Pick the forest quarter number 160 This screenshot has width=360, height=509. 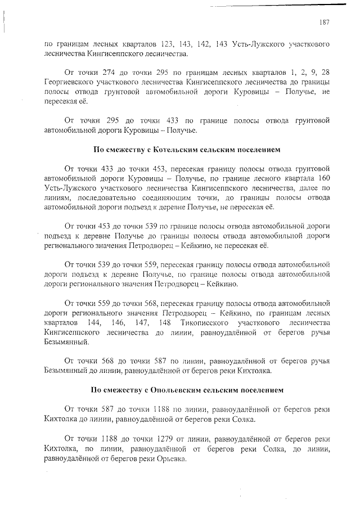click(323, 178)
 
